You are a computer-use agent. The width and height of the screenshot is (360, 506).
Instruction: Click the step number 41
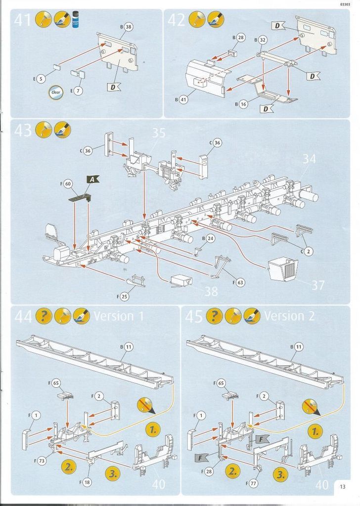click(x=24, y=20)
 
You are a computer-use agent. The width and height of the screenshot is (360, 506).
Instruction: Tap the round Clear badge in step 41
click(x=55, y=92)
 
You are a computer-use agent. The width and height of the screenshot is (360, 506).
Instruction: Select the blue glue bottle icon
click(x=76, y=19)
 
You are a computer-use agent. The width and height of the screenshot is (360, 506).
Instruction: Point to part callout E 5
click(x=41, y=78)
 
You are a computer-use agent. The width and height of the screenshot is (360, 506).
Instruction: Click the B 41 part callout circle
click(x=184, y=100)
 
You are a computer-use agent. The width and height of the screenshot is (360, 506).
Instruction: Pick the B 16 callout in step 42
click(x=243, y=104)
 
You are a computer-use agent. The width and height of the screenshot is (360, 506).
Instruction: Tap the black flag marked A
click(x=92, y=180)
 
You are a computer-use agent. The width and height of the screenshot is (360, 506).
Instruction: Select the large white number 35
click(x=158, y=133)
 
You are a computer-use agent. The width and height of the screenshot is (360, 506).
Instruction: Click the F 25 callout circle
click(x=124, y=296)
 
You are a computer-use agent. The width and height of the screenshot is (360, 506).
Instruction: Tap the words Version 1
click(x=119, y=315)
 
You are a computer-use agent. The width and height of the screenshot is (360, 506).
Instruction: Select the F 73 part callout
click(x=42, y=460)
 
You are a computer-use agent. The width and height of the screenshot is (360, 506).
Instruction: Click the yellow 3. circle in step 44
click(x=113, y=473)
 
